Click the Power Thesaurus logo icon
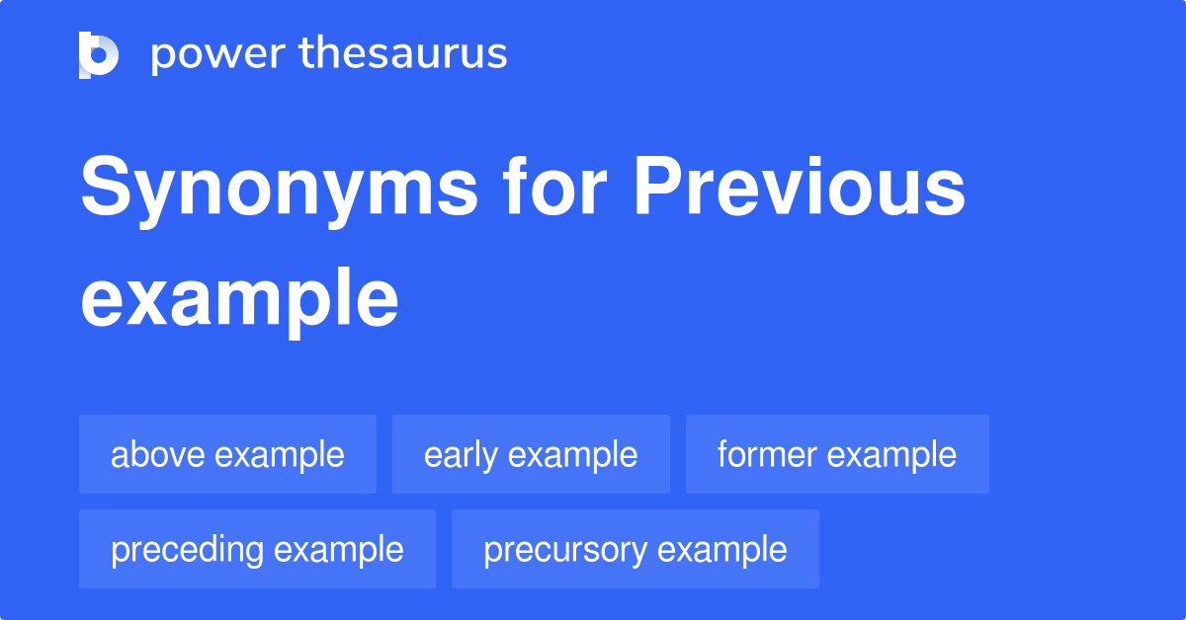tap(99, 54)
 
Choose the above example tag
tap(227, 454)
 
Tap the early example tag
tap(531, 454)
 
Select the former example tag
tap(837, 454)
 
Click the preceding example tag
tap(257, 549)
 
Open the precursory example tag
tap(635, 549)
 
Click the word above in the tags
tap(158, 454)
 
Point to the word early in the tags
tap(462, 454)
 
